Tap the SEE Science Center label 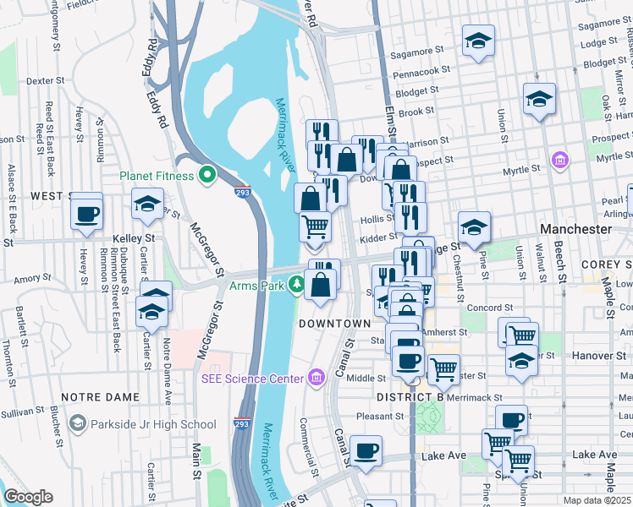point(252,378)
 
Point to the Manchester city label point(575,229)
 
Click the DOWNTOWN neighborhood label point(334,324)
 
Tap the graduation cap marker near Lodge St point(477,41)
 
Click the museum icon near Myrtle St point(559,160)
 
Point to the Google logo point(28,496)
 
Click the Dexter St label point(47,81)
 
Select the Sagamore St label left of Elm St point(413,55)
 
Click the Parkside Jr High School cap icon point(78,423)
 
